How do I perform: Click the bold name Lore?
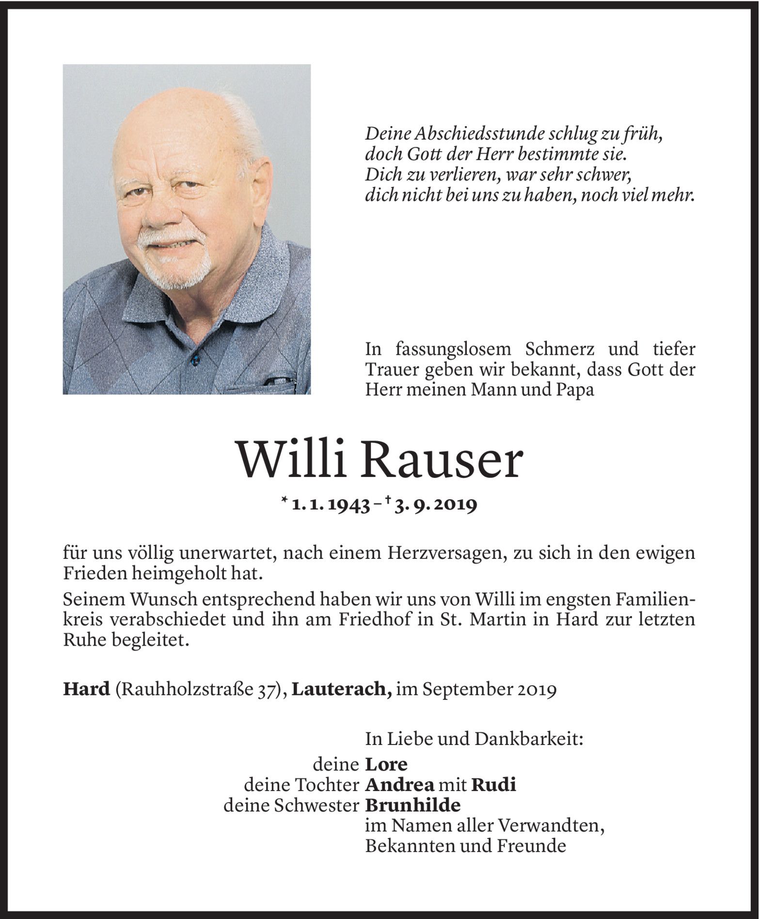click(x=386, y=765)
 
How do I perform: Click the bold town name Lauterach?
click(x=342, y=690)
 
